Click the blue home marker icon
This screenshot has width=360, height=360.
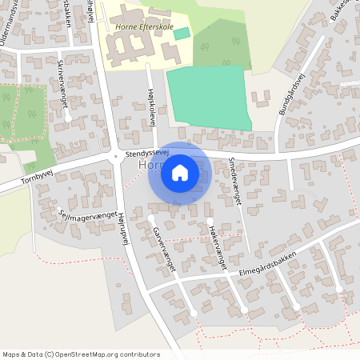[180, 172]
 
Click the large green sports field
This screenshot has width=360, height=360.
[210, 95]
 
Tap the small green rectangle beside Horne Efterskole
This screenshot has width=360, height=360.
[182, 33]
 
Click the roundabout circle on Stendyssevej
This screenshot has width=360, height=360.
[118, 158]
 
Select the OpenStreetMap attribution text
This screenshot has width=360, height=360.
[81, 354]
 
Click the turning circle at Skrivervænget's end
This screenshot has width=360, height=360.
[69, 118]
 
